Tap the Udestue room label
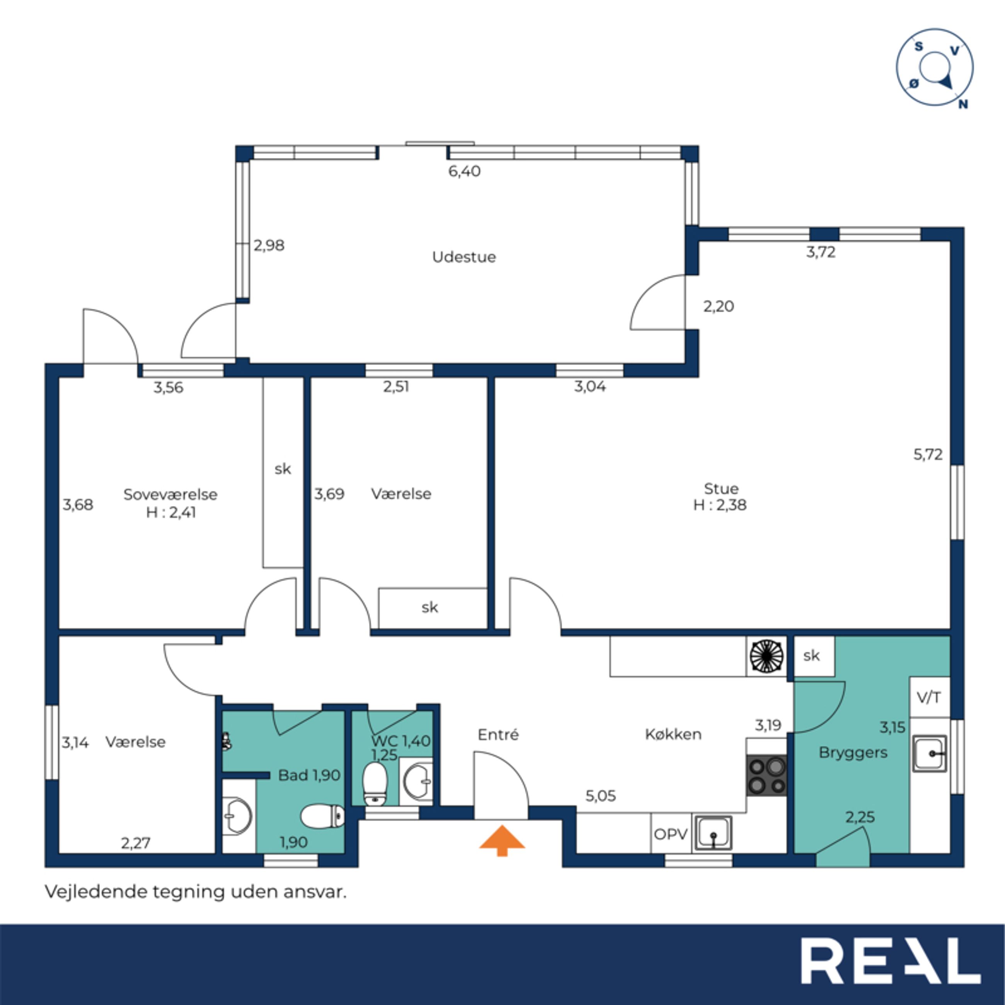click(464, 257)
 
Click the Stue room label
click(721, 489)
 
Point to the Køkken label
click(673, 734)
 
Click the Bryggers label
click(853, 753)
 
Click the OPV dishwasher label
click(671, 835)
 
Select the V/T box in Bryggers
click(929, 697)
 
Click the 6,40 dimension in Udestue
click(465, 171)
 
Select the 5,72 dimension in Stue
click(928, 455)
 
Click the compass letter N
click(963, 104)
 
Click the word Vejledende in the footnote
click(96, 892)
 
